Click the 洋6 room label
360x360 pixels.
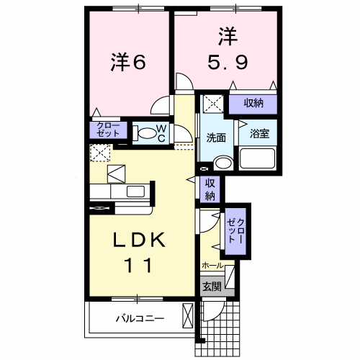(x=129, y=63)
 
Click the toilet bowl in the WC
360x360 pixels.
(x=146, y=132)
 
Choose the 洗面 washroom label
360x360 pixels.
(x=216, y=138)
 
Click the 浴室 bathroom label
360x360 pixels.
(x=258, y=133)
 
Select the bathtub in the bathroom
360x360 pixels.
(x=258, y=158)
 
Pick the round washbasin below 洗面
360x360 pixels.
(x=223, y=163)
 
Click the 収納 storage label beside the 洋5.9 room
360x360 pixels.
(x=253, y=104)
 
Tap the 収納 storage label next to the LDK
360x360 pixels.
(x=210, y=189)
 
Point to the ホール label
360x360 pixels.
(x=212, y=266)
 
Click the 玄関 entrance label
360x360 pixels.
(x=211, y=286)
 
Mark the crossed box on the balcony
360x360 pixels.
(x=188, y=317)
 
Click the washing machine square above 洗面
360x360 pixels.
(x=213, y=103)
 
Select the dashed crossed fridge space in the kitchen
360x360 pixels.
(x=99, y=153)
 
